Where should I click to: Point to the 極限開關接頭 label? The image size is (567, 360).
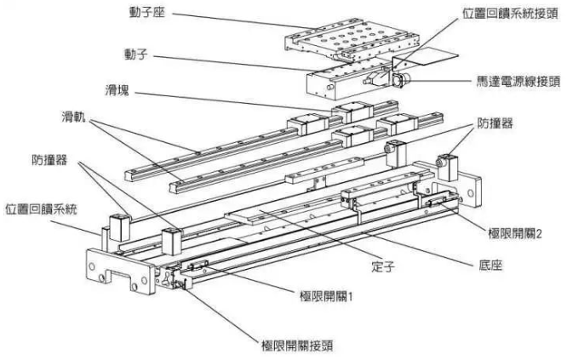297,346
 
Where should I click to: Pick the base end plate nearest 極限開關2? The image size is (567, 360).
468,187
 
